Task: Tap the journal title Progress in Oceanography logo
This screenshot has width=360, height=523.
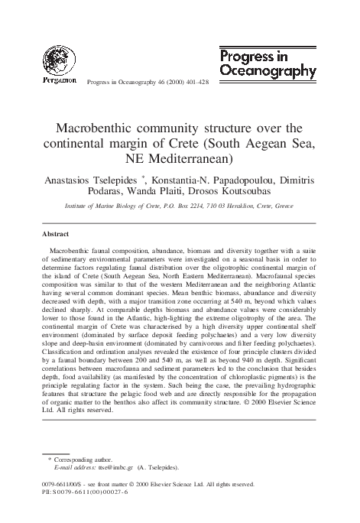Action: click(268, 63)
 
